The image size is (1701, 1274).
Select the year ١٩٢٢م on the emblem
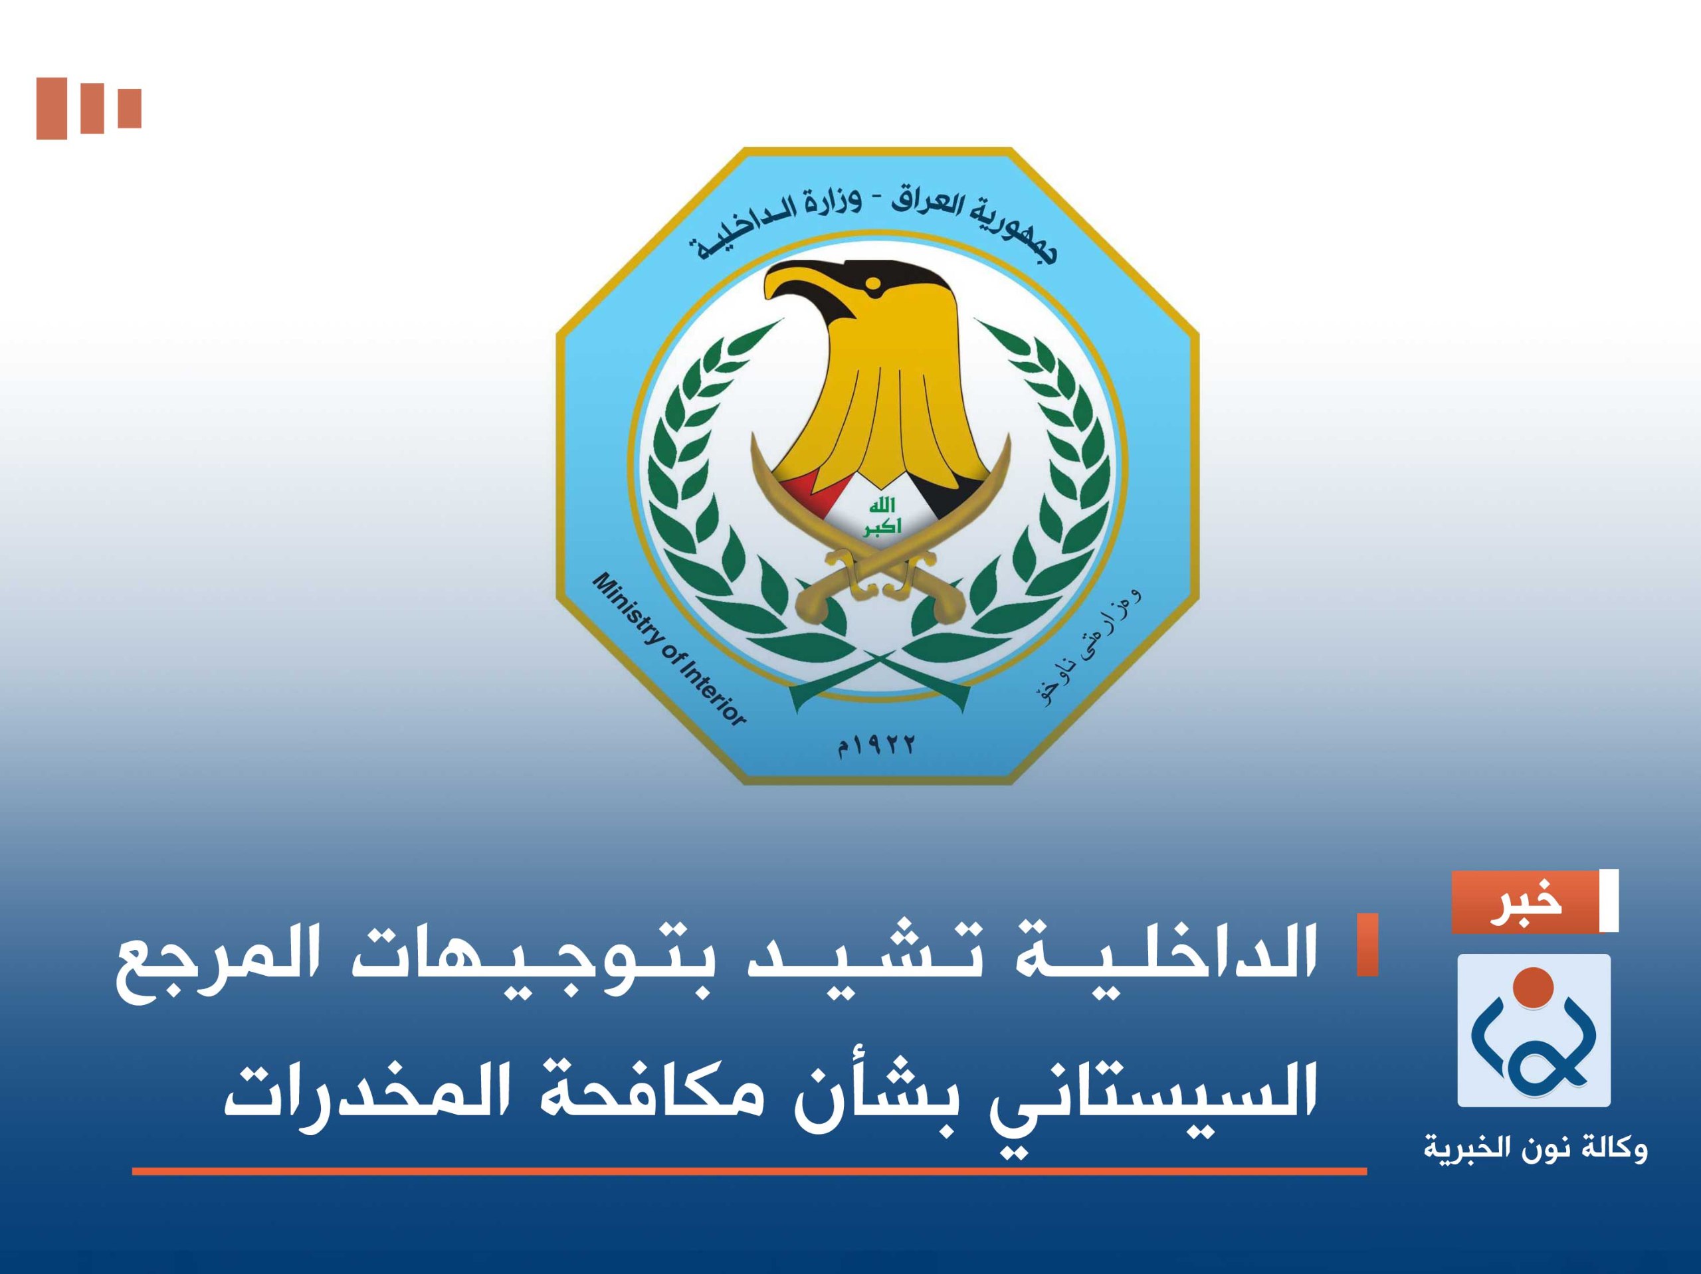[876, 744]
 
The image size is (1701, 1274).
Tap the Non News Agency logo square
[1534, 1030]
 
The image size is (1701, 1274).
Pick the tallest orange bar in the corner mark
[52, 108]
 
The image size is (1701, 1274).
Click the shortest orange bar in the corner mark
[129, 108]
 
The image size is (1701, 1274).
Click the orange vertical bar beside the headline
[1367, 945]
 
